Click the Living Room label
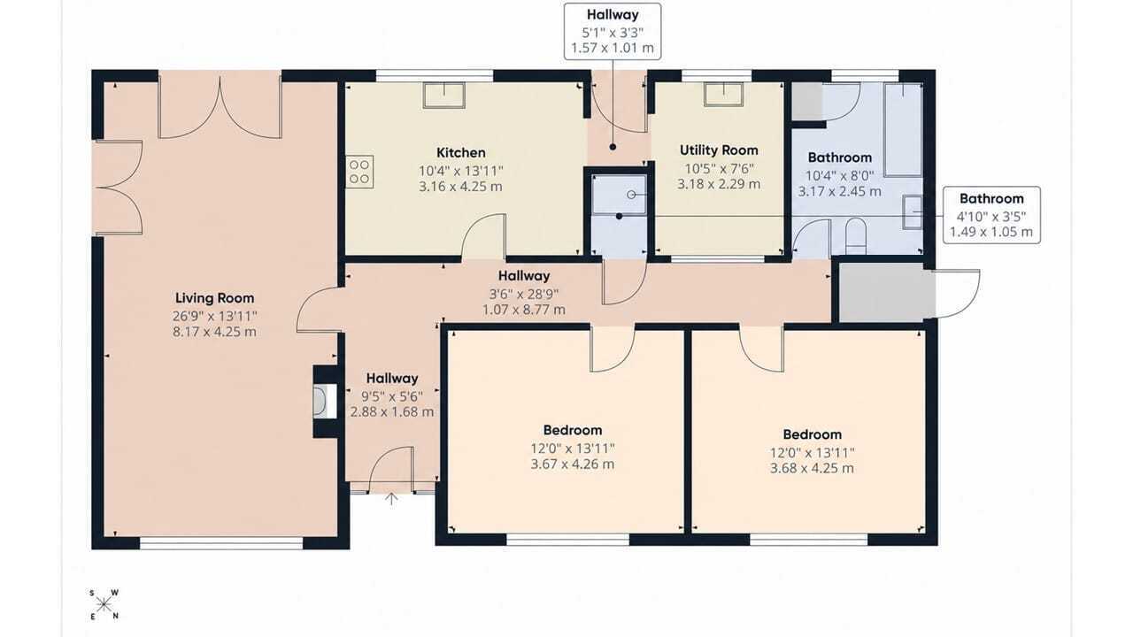tap(214, 298)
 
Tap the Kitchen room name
tap(461, 153)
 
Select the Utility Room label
tap(719, 150)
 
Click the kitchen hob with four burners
tap(359, 172)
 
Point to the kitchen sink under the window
tap(444, 96)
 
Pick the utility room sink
tap(724, 94)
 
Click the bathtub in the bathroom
tap(903, 130)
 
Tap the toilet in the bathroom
tap(856, 236)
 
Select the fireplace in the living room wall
tap(325, 402)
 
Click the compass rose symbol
tap(104, 604)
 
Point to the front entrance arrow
tap(391, 498)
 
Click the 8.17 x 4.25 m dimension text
tap(214, 332)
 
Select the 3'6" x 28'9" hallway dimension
tap(523, 294)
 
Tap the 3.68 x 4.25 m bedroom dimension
tap(812, 468)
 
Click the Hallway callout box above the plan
tap(613, 31)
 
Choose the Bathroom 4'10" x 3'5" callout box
tap(991, 215)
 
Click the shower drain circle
tap(631, 195)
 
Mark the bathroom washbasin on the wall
tap(913, 212)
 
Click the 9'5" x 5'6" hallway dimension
tap(392, 396)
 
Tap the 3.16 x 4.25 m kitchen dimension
tap(461, 187)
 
